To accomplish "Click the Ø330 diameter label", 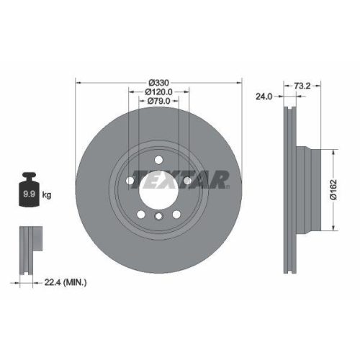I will (x=158, y=83).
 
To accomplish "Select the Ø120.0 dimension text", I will (x=158, y=91).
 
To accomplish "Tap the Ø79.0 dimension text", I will (x=158, y=102).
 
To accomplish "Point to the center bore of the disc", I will (x=158, y=189).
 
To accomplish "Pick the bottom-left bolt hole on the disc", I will (x=140, y=214).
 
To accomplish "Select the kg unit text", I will (x=47, y=194).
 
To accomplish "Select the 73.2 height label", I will (x=303, y=84).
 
